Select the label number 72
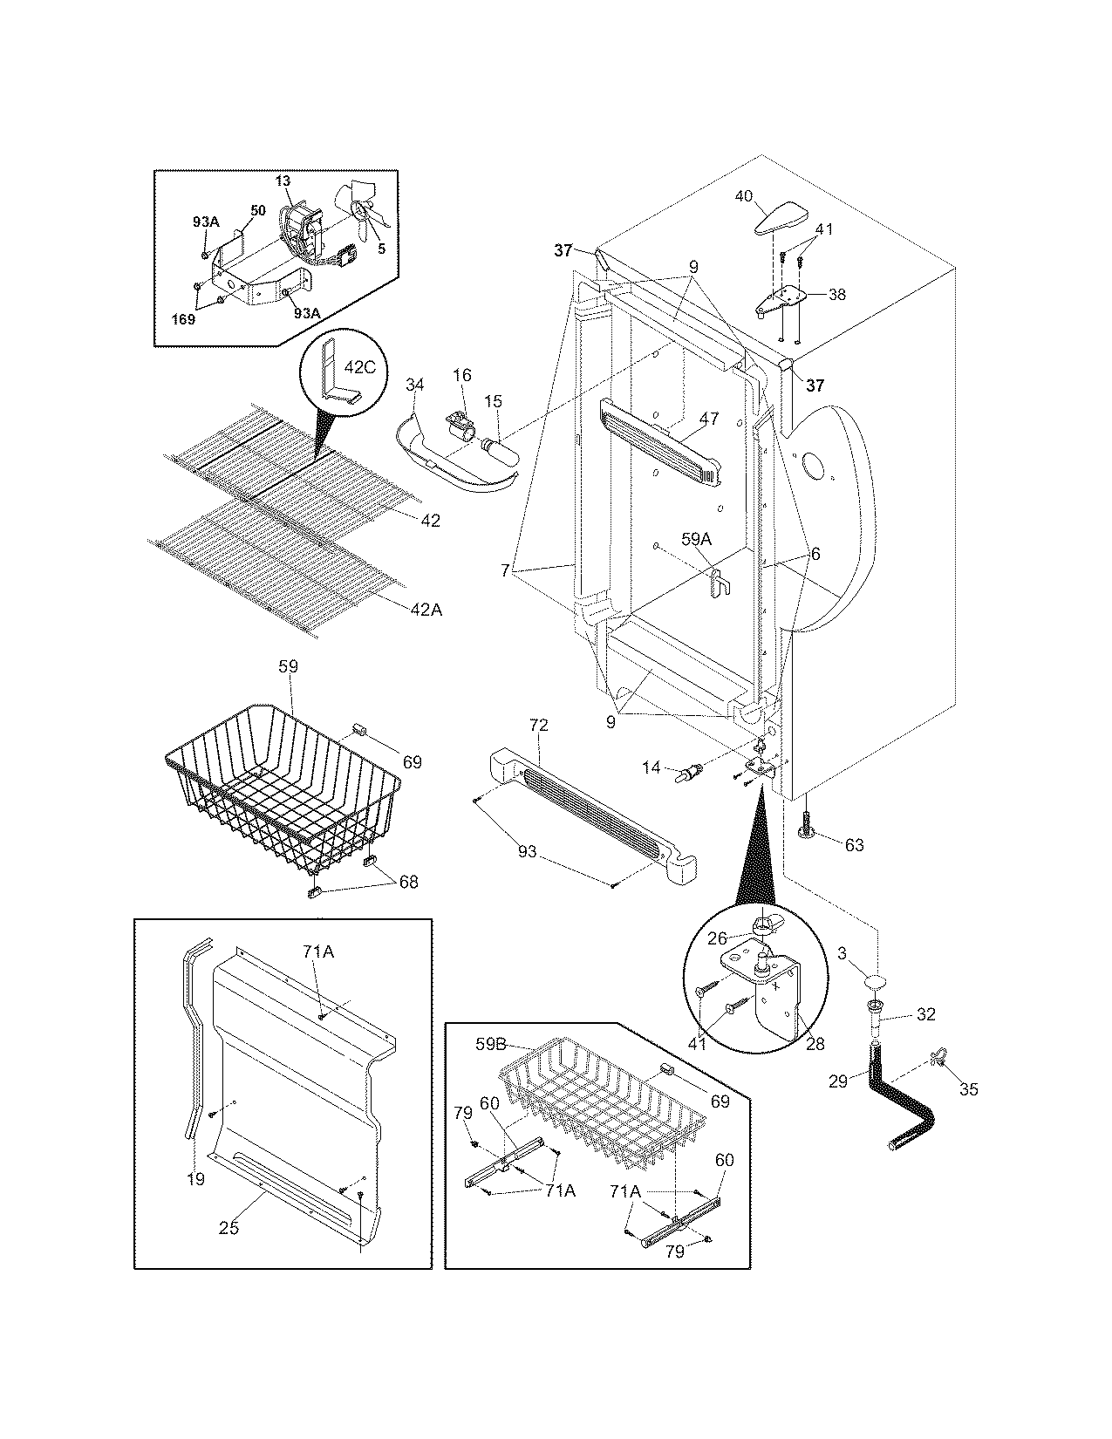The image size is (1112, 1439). pos(538,726)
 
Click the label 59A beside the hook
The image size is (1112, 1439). pos(695,540)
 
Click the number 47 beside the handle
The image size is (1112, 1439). pos(708,419)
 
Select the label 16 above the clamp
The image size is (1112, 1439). pos(461,375)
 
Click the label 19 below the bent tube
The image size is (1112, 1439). pos(195,1179)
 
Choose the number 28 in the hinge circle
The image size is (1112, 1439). pos(815,1044)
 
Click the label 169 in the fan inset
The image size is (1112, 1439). pos(182,319)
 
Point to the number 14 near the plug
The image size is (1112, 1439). pos(652,767)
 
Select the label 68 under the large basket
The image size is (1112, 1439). pos(407,882)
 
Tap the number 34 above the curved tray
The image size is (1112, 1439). pos(415,385)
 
